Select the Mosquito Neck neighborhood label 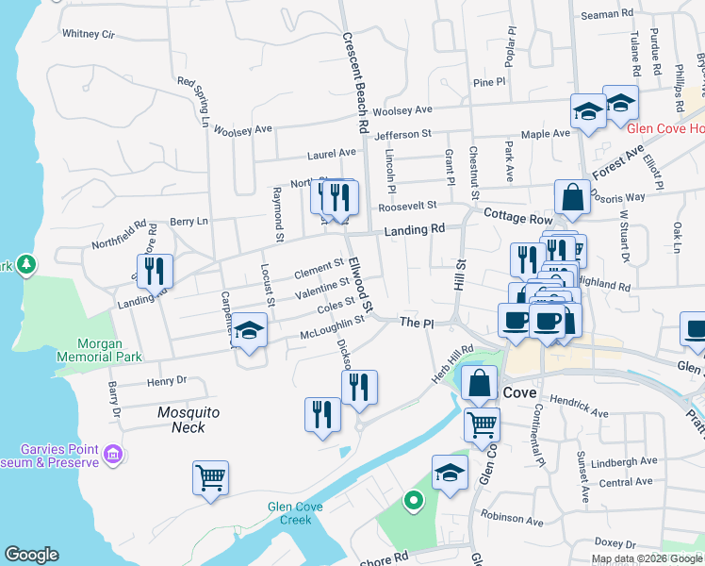(189, 420)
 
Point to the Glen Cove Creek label (295, 513)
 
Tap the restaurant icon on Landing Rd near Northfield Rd (155, 270)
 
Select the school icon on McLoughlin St (249, 330)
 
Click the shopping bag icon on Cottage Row (572, 197)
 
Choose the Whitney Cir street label (88, 34)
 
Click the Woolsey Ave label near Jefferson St (402, 110)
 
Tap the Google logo (32, 555)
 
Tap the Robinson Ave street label (512, 518)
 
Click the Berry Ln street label (189, 222)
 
